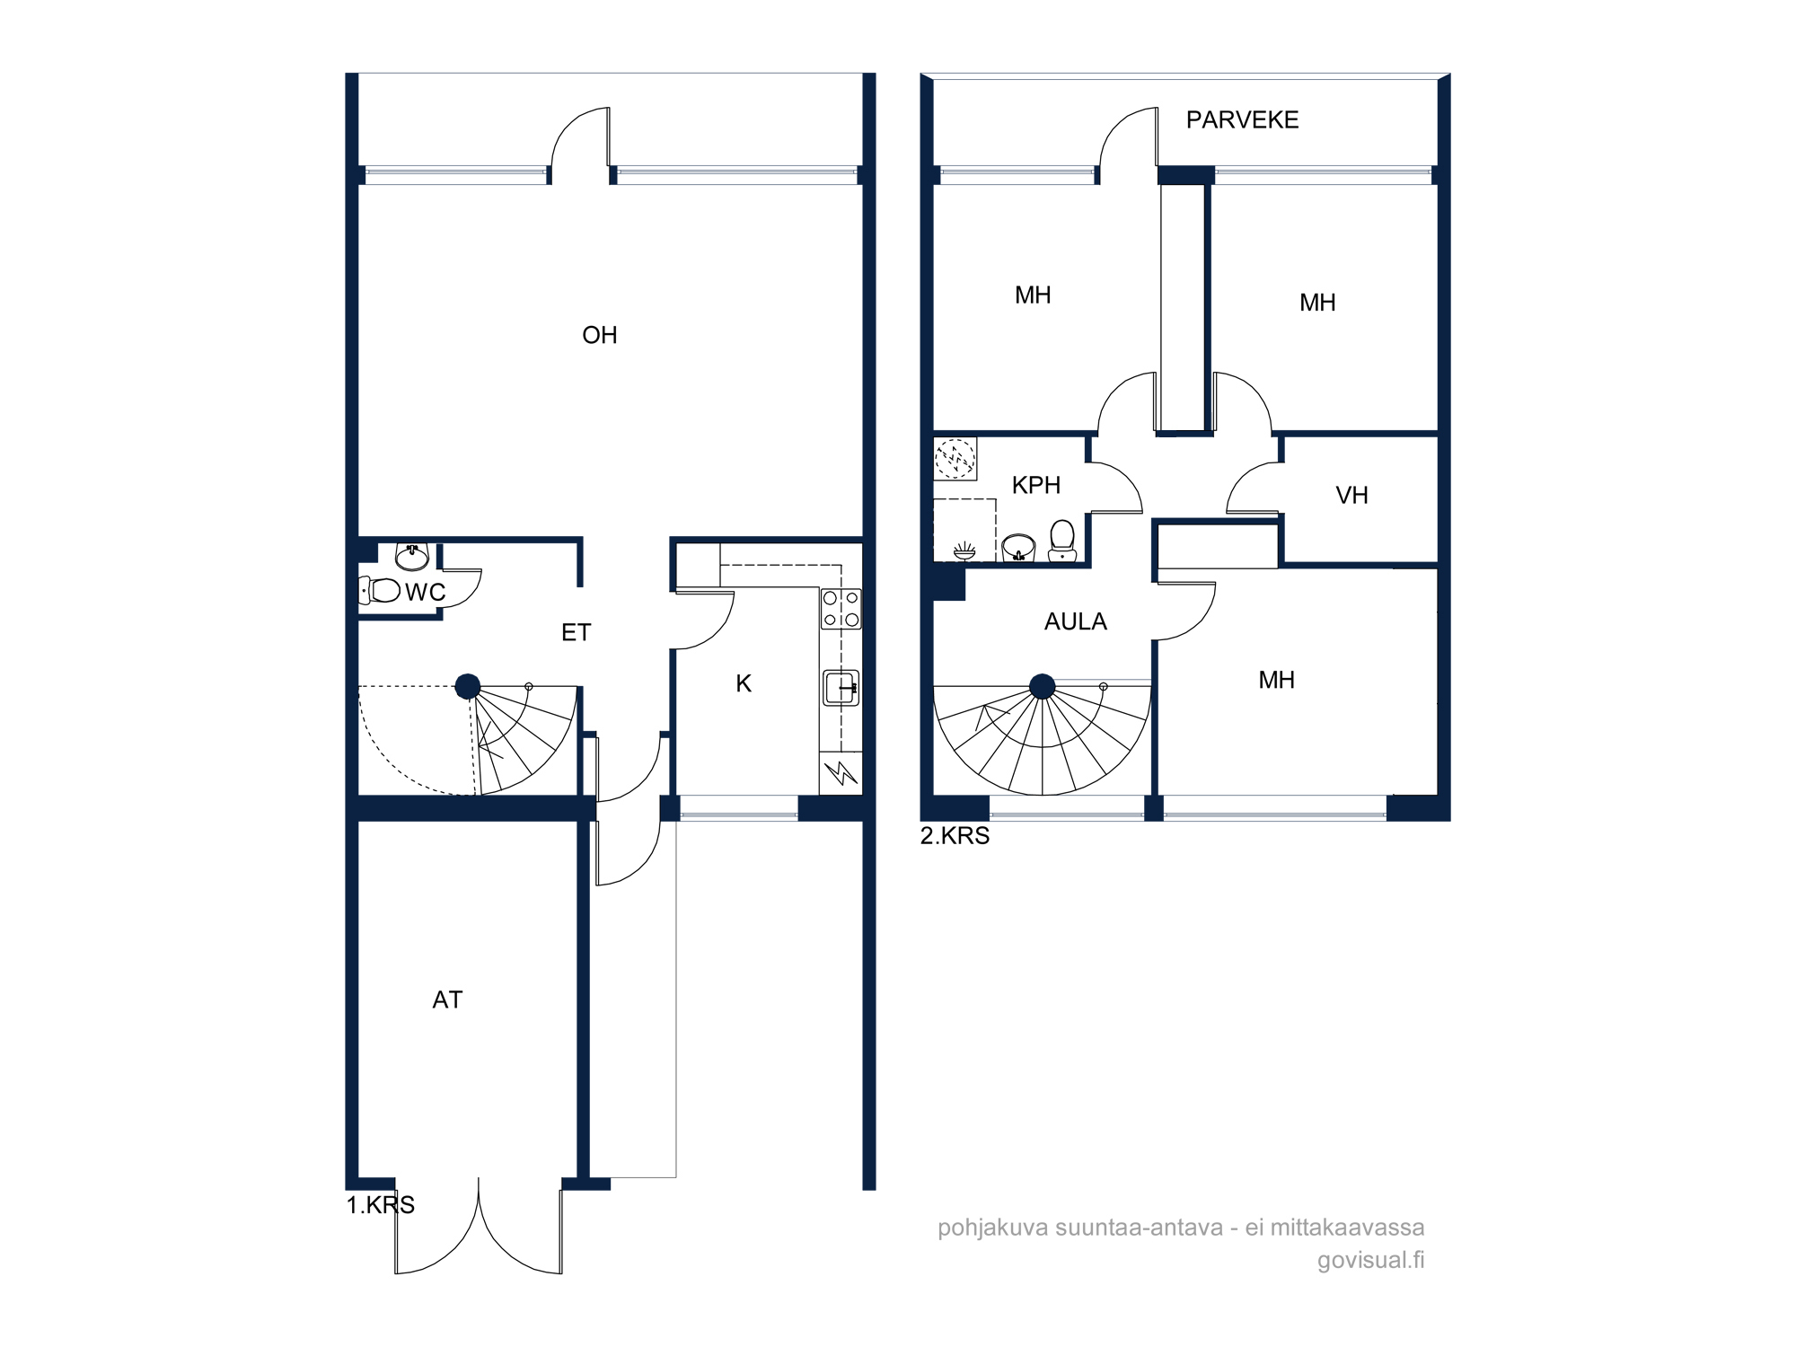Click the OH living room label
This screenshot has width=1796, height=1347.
tap(600, 335)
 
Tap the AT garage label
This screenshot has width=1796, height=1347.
tap(447, 999)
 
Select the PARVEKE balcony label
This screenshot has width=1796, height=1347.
tap(1242, 119)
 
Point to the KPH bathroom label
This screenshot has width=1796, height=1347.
tap(1036, 485)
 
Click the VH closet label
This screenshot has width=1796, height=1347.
tap(1351, 495)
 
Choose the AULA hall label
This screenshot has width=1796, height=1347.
tap(1076, 621)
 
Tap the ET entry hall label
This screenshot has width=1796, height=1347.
tap(576, 632)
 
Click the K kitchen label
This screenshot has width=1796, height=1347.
tap(744, 683)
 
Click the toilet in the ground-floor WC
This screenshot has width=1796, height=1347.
tap(379, 590)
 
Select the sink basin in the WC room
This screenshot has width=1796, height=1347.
tap(412, 557)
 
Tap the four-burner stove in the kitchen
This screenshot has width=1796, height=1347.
tap(841, 608)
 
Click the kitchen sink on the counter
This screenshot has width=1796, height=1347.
tap(841, 687)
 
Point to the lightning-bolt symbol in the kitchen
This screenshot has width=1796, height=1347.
tap(841, 772)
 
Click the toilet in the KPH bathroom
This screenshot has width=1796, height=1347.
tap(1062, 541)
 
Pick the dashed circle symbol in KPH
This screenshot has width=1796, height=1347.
tap(955, 458)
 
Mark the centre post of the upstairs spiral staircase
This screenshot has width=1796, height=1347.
tap(1042, 687)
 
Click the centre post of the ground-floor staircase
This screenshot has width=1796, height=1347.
tap(467, 687)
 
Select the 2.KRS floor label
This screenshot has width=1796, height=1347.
tap(955, 836)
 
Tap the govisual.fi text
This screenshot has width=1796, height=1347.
tap(1370, 1260)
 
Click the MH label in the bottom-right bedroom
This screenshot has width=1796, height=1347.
tap(1276, 680)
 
